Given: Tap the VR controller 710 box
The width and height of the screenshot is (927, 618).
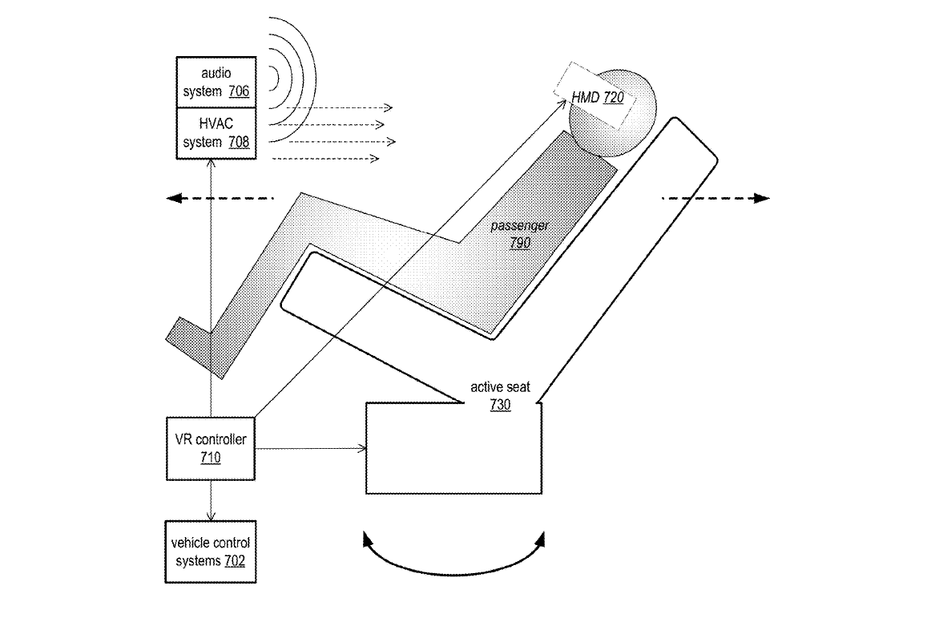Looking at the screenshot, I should click(x=211, y=449).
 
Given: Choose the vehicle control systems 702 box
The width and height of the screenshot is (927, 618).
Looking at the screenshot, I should click(x=211, y=551).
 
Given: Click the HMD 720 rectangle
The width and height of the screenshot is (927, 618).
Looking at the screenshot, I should click(x=598, y=97).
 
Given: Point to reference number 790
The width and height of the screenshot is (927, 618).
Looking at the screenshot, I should click(x=521, y=242).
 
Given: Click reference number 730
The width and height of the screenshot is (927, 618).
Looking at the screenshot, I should click(x=500, y=406).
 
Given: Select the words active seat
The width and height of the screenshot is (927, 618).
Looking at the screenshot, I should click(x=500, y=388).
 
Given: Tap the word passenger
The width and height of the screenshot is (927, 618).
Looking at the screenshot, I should click(x=521, y=226).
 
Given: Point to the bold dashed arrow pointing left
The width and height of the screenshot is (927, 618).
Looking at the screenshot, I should click(x=220, y=198).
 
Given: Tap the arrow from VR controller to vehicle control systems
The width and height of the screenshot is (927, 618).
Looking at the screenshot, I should click(x=211, y=499).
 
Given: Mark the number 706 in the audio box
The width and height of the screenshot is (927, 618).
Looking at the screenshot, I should click(x=238, y=91).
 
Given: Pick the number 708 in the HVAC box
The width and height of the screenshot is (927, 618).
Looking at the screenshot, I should click(x=238, y=142).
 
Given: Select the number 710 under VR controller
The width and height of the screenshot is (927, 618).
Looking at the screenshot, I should click(x=211, y=458).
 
